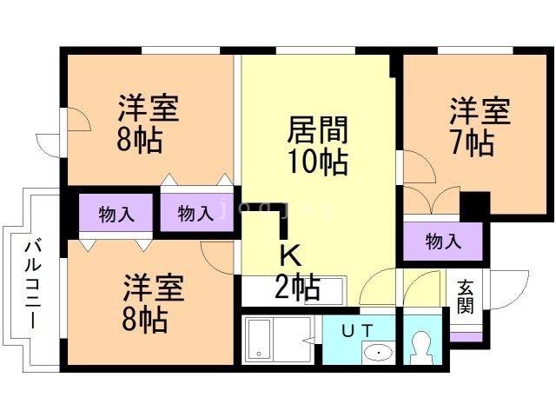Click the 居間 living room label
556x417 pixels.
(318, 131)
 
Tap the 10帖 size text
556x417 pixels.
(318, 162)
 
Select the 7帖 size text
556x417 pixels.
(473, 142)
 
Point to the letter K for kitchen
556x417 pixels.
(290, 255)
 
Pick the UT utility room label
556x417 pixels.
(357, 330)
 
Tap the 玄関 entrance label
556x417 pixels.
(466, 296)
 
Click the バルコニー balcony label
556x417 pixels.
(32, 282)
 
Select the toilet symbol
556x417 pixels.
(423, 348)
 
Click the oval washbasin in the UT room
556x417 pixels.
(376, 352)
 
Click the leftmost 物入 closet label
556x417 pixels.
(116, 214)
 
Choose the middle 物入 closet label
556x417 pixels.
(195, 214)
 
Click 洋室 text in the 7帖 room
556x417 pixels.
(480, 113)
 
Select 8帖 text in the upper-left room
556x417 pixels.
(140, 140)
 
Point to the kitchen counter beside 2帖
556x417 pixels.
(334, 288)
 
